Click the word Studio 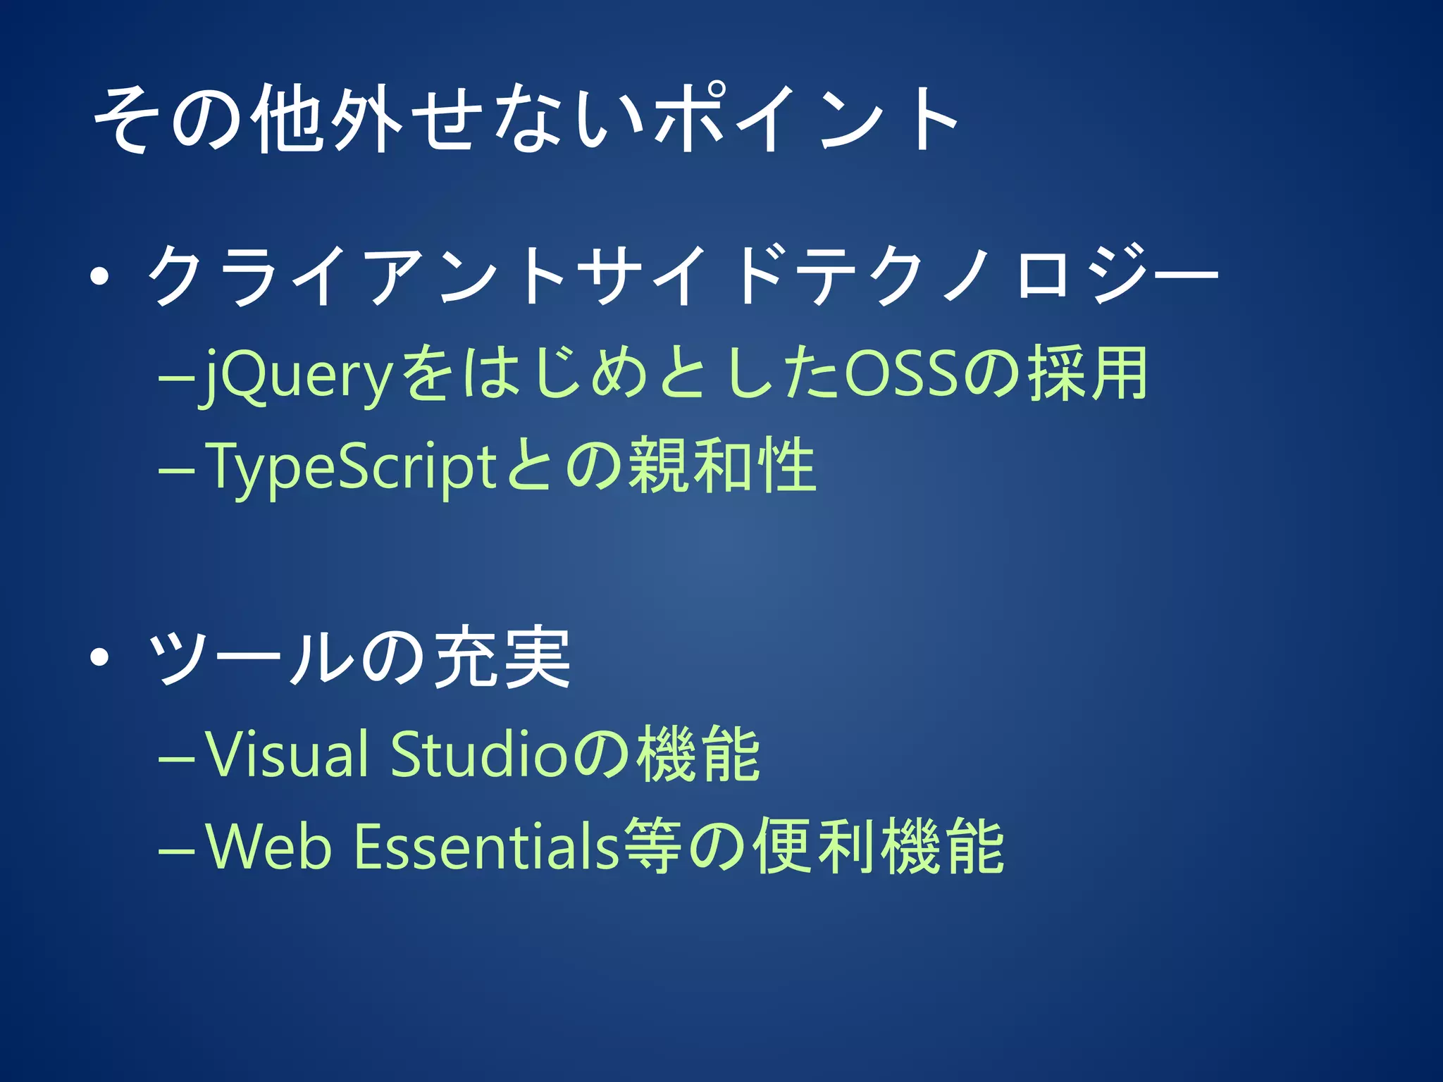pyautogui.click(x=478, y=754)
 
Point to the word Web pyautogui.click(x=268, y=846)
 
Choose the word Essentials pyautogui.click(x=486, y=846)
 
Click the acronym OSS pyautogui.click(x=901, y=374)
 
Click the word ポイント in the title pyautogui.click(x=807, y=118)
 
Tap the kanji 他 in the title pyautogui.click(x=290, y=118)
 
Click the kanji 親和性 pyautogui.click(x=722, y=466)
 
